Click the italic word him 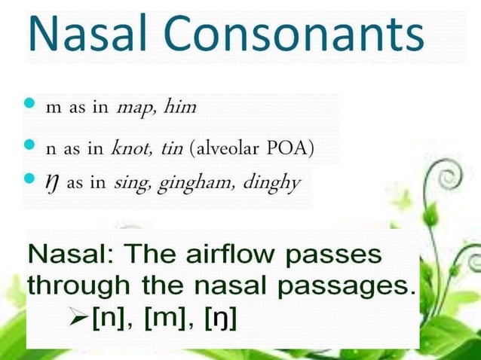(x=181, y=107)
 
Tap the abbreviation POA (x=297, y=148)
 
